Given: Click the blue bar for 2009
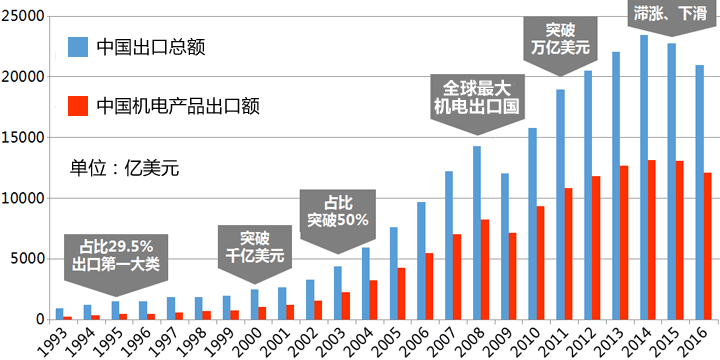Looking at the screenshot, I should click(x=505, y=246).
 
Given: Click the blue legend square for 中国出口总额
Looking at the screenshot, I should click(x=77, y=47).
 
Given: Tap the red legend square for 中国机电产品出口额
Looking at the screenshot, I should click(x=77, y=105).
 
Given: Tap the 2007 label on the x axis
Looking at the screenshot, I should click(x=440, y=341).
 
